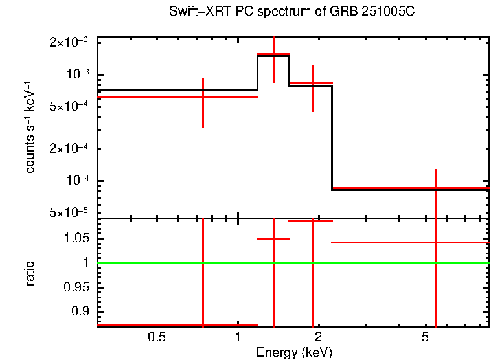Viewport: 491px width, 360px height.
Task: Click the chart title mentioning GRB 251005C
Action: (x=296, y=12)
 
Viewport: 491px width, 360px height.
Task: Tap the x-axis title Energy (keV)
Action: (x=294, y=352)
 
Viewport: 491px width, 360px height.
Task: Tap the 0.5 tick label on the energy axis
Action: (x=157, y=337)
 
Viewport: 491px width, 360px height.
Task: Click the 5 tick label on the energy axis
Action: (x=425, y=337)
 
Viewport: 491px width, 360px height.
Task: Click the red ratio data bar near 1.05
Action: (x=273, y=239)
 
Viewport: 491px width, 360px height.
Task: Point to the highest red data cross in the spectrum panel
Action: (x=273, y=54)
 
